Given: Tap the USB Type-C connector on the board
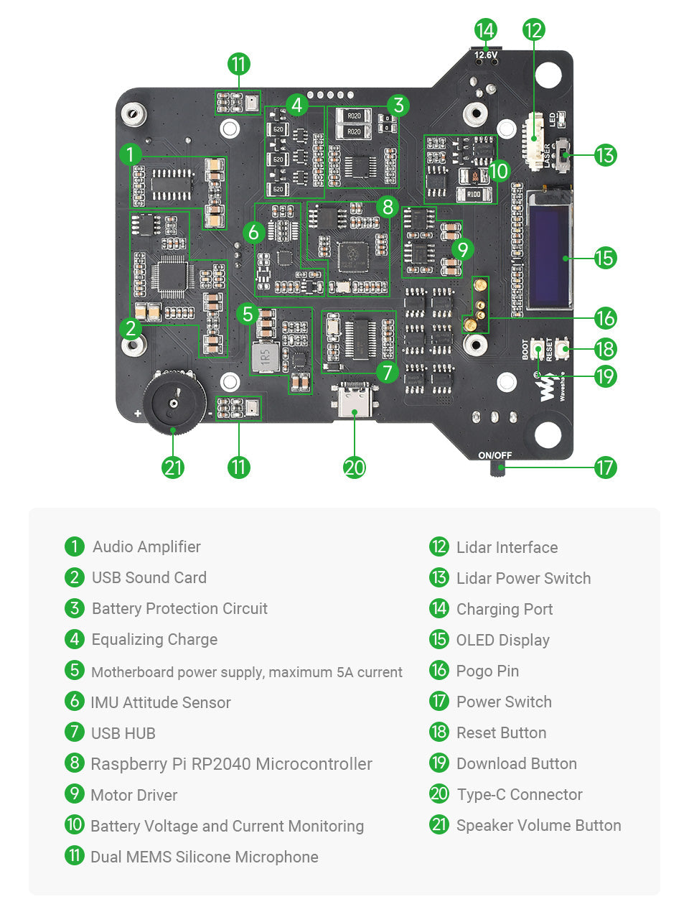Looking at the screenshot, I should (355, 401).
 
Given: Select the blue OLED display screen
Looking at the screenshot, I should (549, 250).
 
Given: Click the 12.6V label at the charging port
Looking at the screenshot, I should (486, 55).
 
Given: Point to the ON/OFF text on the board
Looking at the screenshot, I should (495, 455).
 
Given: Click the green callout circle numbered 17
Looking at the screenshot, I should (605, 467).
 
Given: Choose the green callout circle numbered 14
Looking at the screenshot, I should (486, 29).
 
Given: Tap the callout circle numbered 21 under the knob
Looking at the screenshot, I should (174, 467).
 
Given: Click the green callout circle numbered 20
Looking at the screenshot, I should (355, 467).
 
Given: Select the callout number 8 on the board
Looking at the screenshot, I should (388, 207).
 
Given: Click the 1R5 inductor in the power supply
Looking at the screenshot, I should (266, 356).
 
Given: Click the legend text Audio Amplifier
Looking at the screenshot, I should (146, 546).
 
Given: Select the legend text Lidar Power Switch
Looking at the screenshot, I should (523, 578).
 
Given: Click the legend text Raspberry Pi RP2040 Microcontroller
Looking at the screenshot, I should (231, 764).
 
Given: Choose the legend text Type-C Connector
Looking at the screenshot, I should (520, 794).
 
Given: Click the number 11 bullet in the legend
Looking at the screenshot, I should (75, 856).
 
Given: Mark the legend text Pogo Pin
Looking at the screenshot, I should (487, 671).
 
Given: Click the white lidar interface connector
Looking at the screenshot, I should (535, 140).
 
